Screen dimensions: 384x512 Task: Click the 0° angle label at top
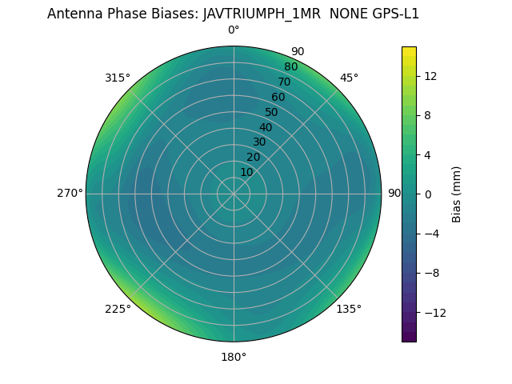click(234, 30)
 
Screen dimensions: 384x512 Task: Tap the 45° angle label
click(349, 78)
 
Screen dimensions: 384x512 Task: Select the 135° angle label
click(349, 310)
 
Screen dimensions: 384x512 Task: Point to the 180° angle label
click(234, 357)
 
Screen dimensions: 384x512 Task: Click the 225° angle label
click(118, 310)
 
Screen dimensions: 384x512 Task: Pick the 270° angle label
click(70, 194)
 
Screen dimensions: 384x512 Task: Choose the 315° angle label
click(118, 78)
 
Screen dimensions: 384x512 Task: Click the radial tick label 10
click(246, 172)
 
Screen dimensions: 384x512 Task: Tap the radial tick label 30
click(259, 142)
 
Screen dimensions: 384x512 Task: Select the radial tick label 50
click(272, 112)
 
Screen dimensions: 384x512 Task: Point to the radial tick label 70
click(284, 82)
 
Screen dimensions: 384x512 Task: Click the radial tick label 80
click(290, 67)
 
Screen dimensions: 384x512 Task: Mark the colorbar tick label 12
click(430, 76)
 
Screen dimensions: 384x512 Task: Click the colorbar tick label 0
click(427, 194)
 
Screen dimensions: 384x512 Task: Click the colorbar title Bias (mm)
click(457, 194)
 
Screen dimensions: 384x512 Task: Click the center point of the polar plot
click(234, 194)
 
